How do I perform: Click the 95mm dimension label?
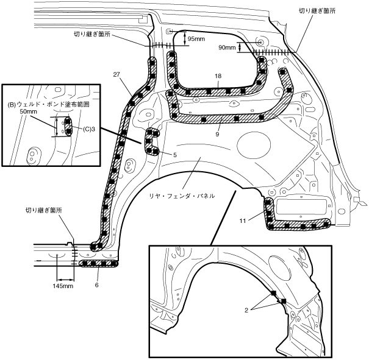[x=196, y=39]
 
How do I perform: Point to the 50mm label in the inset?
[x=27, y=112]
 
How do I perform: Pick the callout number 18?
[x=217, y=77]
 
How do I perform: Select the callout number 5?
[x=175, y=155]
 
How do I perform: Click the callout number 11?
[x=242, y=221]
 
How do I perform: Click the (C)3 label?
[x=89, y=129]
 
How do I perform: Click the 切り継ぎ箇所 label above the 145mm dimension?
[x=44, y=210]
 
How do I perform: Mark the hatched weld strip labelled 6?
[x=100, y=263]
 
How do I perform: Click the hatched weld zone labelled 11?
[x=299, y=225]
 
